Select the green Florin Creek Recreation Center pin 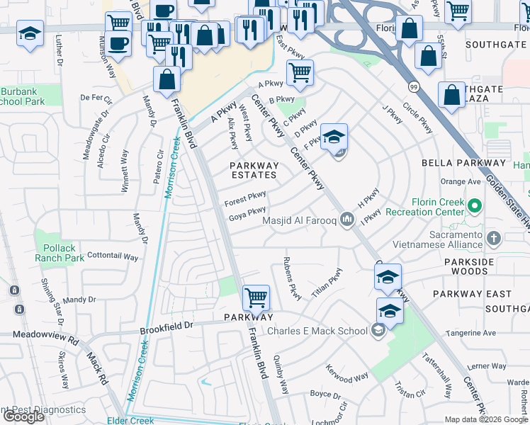[475, 207]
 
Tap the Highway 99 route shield [412, 86]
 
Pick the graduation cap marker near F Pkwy [334, 137]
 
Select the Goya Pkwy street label [247, 212]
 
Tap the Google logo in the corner [23, 416]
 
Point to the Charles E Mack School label [316, 330]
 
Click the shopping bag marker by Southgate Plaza [452, 96]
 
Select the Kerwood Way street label [347, 373]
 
